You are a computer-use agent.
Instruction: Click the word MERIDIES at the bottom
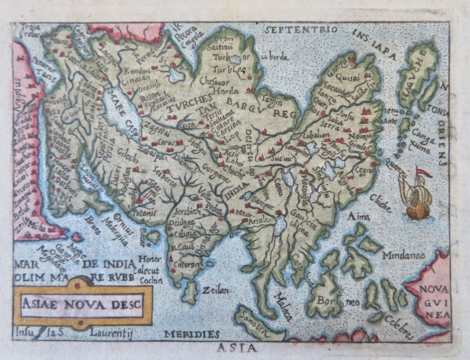coord(192,334)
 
